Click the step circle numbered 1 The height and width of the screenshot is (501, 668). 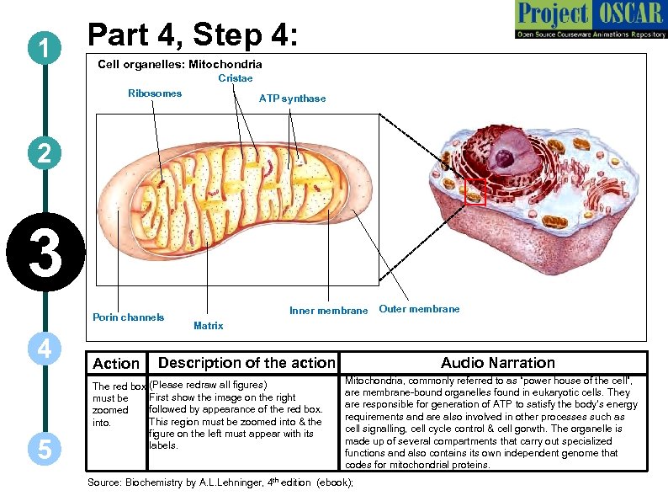(41, 50)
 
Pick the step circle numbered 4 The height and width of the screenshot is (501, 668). (41, 348)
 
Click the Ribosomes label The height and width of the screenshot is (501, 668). (154, 93)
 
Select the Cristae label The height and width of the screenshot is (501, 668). (236, 78)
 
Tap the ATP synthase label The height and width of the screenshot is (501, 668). (292, 99)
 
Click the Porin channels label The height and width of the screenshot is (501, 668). (128, 317)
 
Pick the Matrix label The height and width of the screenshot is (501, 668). (208, 325)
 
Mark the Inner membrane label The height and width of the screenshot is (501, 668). (328, 311)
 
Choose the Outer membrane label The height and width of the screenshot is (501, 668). (419, 309)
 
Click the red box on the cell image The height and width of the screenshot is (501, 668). (475, 192)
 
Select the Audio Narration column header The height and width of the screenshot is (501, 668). (498, 363)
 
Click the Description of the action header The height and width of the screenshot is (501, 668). (247, 363)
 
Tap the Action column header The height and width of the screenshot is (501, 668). (116, 364)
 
